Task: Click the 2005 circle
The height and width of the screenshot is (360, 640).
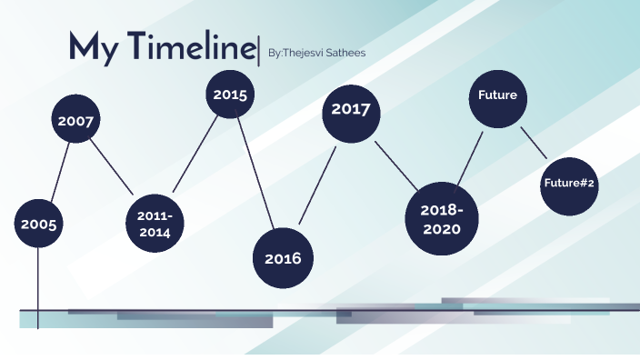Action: click(39, 224)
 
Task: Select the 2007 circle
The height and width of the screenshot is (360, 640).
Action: click(76, 121)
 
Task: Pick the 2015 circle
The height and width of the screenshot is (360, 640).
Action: click(230, 94)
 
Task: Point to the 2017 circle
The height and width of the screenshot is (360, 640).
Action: click(350, 110)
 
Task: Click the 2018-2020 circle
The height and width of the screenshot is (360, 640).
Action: click(442, 218)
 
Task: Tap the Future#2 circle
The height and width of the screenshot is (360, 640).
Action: click(569, 184)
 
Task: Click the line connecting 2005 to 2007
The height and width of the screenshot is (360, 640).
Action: click(60, 173)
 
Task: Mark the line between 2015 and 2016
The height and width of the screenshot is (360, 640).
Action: click(256, 173)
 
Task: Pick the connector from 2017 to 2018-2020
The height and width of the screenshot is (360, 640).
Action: click(396, 166)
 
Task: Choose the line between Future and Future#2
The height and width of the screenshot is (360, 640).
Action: click(534, 141)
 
